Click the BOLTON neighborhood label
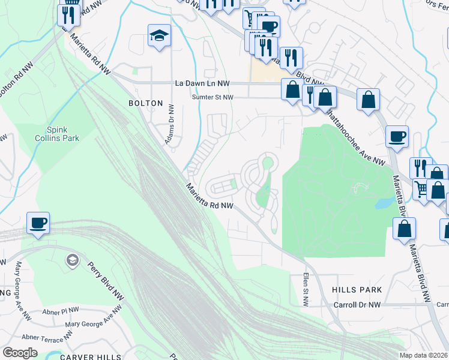145,103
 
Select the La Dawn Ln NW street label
202,83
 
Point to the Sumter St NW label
211,97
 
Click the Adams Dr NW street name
170,124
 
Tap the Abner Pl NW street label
61,312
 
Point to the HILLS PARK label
357,290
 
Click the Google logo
20,353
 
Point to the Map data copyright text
423,355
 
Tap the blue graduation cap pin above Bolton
159,36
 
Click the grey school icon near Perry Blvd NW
71,260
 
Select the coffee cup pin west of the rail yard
38,224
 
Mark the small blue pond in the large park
382,203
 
